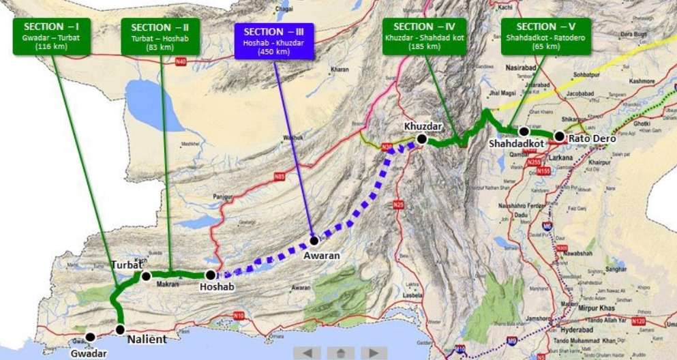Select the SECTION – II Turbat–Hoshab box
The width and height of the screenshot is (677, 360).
(x=160, y=36)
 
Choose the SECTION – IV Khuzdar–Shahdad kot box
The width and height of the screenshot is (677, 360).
(x=424, y=36)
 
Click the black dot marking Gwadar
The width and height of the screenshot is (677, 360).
(x=90, y=337)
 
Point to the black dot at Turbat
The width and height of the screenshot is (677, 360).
(x=145, y=276)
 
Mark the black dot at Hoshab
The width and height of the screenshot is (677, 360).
(x=211, y=275)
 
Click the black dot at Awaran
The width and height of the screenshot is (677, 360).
(x=314, y=240)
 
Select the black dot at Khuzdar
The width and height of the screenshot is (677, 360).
(x=422, y=139)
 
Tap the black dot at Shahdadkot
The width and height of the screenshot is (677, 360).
(x=524, y=132)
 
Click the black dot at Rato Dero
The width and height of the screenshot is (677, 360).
(x=560, y=136)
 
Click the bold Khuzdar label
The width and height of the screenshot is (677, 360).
(x=423, y=126)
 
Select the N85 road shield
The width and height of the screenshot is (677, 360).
(x=279, y=177)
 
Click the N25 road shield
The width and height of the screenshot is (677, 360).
(x=398, y=205)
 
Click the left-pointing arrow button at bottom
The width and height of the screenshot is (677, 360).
(x=307, y=352)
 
